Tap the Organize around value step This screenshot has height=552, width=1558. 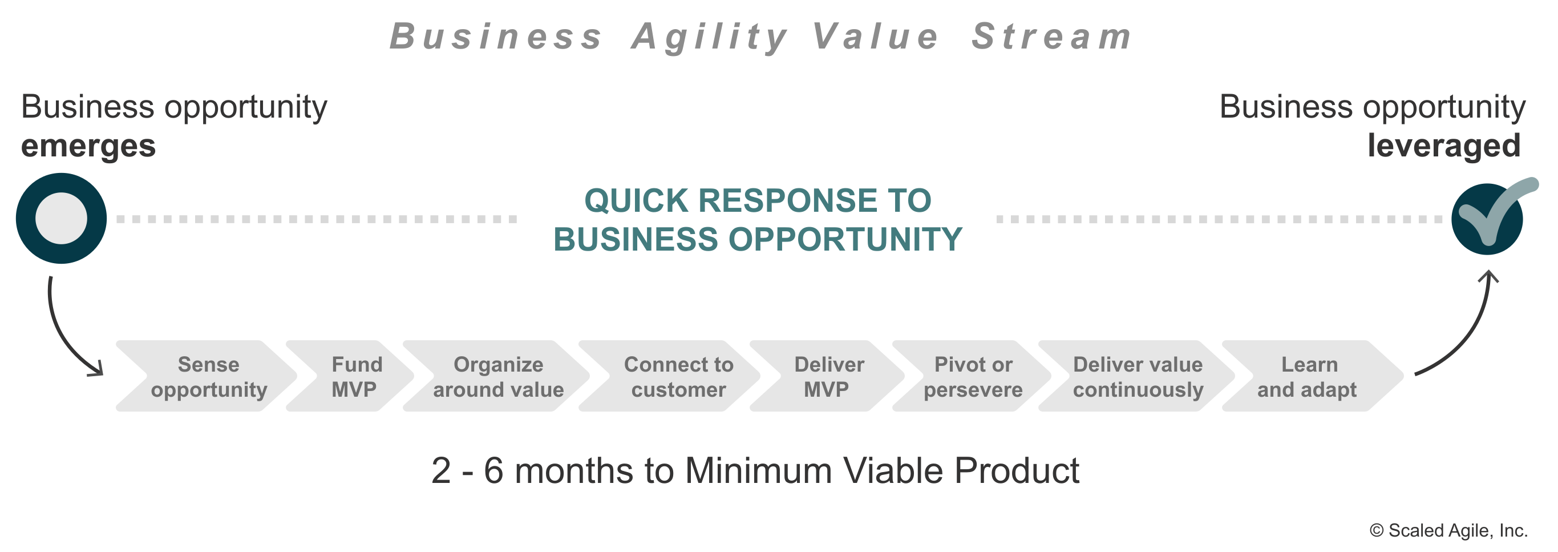(498, 377)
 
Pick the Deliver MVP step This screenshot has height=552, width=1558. (828, 377)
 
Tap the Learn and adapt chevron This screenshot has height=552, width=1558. (1308, 377)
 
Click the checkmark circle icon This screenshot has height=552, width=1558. (1488, 219)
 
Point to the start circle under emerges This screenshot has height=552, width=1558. (62, 219)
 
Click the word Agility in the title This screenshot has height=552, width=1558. (709, 37)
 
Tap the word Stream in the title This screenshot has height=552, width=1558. (1051, 37)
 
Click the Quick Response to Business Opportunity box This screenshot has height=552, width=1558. (758, 219)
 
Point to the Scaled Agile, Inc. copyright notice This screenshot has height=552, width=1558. (1448, 531)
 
